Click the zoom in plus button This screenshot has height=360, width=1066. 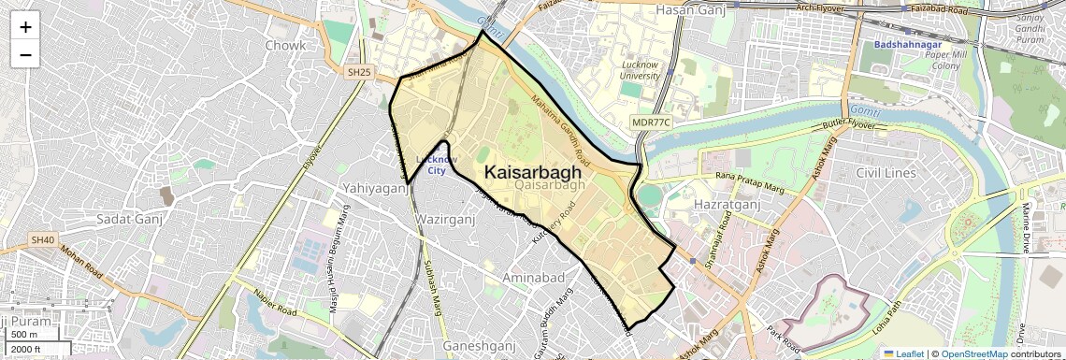(25, 27)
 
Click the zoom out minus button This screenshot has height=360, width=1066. (25, 55)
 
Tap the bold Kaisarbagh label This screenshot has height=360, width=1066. (532, 173)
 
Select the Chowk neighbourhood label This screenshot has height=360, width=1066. (285, 45)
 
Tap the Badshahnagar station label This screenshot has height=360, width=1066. (911, 44)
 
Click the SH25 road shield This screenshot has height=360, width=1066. (357, 72)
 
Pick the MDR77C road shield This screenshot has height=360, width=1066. (651, 122)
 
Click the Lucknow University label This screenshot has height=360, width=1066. (641, 70)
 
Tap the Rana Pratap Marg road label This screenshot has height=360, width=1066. (748, 180)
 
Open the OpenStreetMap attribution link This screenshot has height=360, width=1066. (973, 353)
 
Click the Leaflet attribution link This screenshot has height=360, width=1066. (902, 353)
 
